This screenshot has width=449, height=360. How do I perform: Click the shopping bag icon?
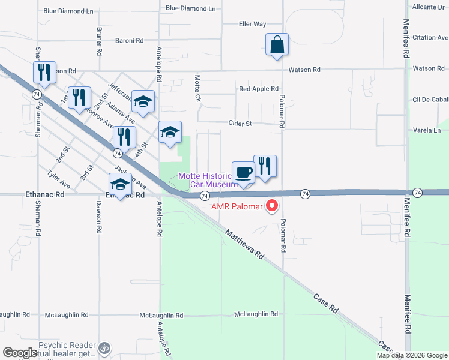pyautogui.click(x=277, y=45)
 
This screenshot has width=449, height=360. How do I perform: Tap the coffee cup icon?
pyautogui.click(x=244, y=173)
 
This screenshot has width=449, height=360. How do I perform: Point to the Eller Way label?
pyautogui.click(x=252, y=25)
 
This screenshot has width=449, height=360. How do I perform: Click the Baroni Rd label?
pyautogui.click(x=130, y=41)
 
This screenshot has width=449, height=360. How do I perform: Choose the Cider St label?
pyautogui.click(x=240, y=124)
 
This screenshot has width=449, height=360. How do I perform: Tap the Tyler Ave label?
pyautogui.click(x=59, y=179)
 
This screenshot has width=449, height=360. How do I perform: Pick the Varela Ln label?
pyautogui.click(x=427, y=130)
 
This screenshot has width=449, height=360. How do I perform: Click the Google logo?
pyautogui.click(x=20, y=353)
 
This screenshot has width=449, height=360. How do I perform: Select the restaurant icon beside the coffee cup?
pyautogui.click(x=265, y=166)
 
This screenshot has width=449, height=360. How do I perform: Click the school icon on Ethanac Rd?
pyautogui.click(x=120, y=184)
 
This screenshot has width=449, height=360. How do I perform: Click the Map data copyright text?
pyautogui.click(x=411, y=355)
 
